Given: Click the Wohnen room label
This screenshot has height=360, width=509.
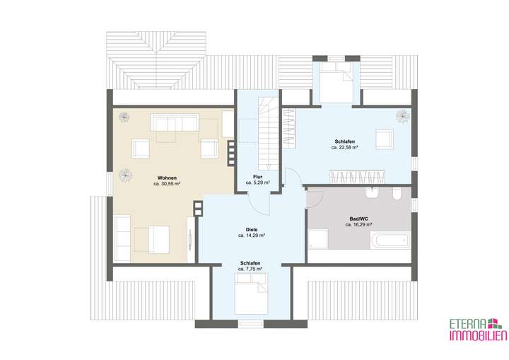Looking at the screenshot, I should pyautogui.click(x=167, y=177).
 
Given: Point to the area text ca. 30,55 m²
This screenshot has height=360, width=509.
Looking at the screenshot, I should pyautogui.click(x=167, y=184).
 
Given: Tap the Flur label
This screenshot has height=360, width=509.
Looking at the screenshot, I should pyautogui.click(x=258, y=175).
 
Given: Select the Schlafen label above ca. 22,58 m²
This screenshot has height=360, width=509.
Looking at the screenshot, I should pyautogui.click(x=344, y=141).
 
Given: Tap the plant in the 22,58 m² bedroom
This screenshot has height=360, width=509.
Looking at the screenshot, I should pyautogui.click(x=403, y=114).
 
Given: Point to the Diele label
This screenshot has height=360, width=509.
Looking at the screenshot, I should pyautogui.click(x=251, y=229).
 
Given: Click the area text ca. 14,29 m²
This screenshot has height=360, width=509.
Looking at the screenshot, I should pyautogui.click(x=251, y=236).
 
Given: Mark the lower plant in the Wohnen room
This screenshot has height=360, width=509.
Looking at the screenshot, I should pyautogui.click(x=124, y=173).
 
